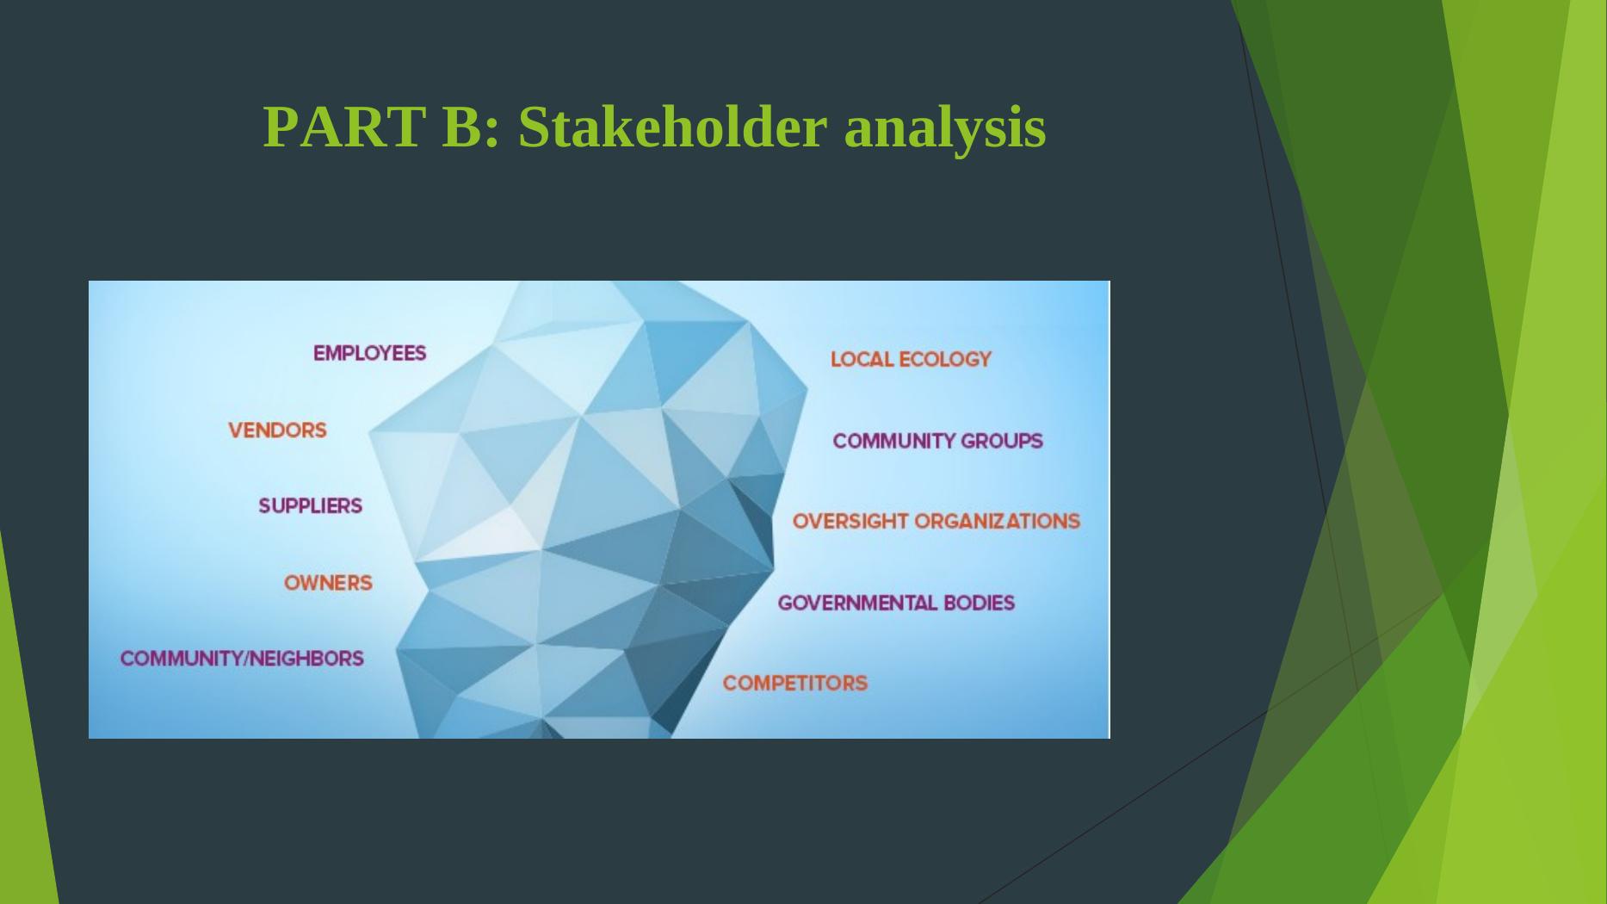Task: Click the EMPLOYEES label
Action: click(x=369, y=353)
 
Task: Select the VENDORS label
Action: click(x=277, y=430)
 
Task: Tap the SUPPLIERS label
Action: click(x=311, y=505)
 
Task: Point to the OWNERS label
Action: click(x=328, y=583)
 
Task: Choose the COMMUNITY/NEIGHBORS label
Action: click(x=242, y=659)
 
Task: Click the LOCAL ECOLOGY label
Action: click(x=911, y=359)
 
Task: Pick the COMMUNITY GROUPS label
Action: click(x=937, y=441)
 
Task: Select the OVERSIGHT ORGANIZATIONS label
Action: click(x=936, y=521)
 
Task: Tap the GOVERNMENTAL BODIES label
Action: click(x=896, y=603)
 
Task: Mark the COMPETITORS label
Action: click(x=795, y=683)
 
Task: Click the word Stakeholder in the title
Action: click(x=672, y=127)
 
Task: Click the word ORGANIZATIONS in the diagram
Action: click(x=997, y=521)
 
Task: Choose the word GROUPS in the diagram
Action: click(x=1002, y=441)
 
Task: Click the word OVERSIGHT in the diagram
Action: click(x=850, y=521)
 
